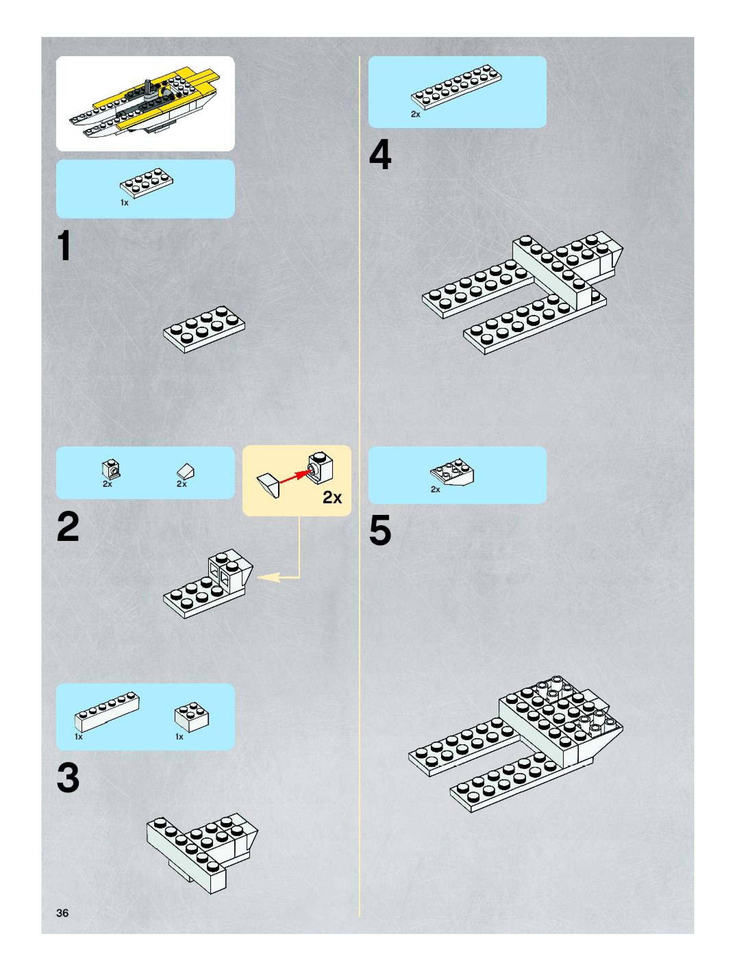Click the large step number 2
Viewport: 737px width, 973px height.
coord(68,527)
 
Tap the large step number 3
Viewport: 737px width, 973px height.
coord(68,778)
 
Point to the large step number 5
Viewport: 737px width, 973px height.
coord(380,530)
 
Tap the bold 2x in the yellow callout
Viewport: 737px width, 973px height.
coord(332,497)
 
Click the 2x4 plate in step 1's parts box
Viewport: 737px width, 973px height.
coord(147,183)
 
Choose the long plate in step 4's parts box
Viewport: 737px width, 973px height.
coord(457,87)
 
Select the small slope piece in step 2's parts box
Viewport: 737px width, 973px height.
coord(186,471)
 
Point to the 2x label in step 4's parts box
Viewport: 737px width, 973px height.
coord(415,114)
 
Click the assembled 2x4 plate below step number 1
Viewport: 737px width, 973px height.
coord(204,329)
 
